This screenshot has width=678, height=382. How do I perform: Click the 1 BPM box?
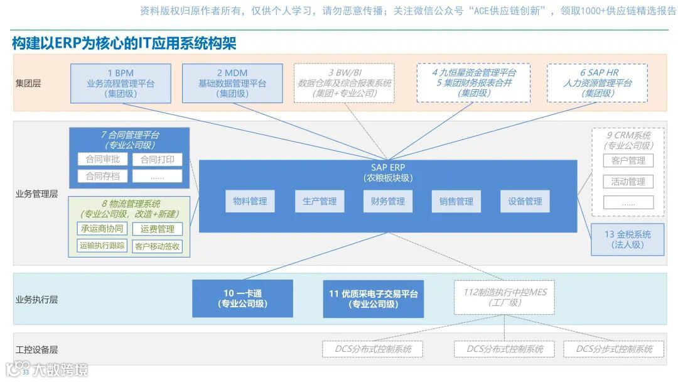(121, 83)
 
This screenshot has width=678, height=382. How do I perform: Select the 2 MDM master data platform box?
(232, 83)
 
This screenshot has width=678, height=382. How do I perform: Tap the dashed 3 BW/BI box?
(344, 83)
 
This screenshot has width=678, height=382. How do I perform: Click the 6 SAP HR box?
(588, 83)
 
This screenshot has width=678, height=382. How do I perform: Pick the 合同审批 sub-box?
(102, 160)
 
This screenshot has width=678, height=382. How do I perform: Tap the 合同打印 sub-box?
(157, 160)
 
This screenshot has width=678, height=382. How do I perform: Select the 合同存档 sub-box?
(102, 176)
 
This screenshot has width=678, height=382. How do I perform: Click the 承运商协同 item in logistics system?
(102, 229)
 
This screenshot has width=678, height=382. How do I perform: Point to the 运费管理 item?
(157, 229)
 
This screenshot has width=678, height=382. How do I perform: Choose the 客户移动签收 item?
(157, 246)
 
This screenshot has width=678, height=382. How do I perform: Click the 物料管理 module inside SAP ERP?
(250, 201)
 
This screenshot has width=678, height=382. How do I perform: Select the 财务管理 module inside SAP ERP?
(387, 201)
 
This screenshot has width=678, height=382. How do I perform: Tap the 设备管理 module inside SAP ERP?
(525, 201)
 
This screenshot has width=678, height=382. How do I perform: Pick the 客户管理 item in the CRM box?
(628, 161)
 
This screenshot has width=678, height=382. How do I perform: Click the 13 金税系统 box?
(627, 239)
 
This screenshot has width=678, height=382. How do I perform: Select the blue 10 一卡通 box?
(242, 298)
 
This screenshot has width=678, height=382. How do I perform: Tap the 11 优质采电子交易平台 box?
(373, 298)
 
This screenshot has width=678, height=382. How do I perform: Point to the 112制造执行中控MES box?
(505, 297)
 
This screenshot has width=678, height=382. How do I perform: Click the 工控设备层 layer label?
(36, 349)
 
